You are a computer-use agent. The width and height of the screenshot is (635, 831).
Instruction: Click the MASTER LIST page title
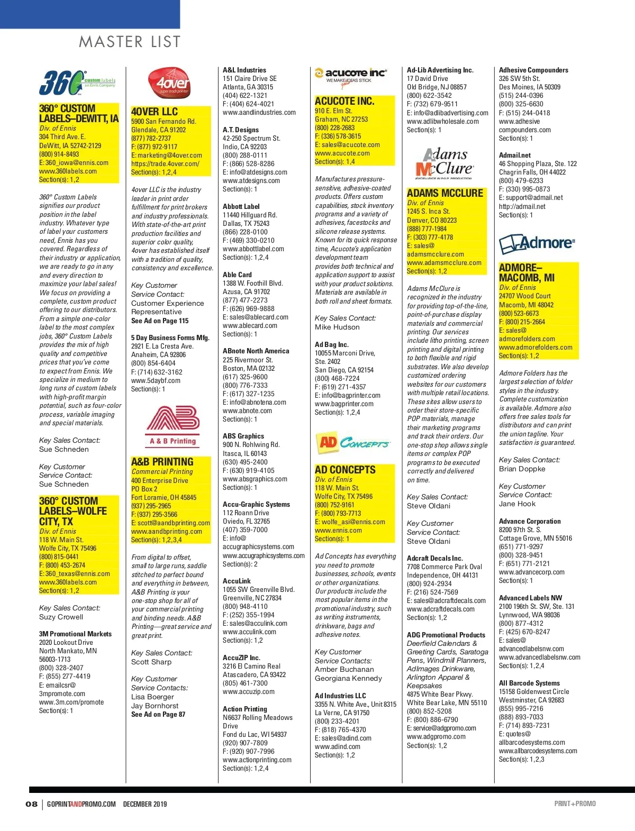pos(130,42)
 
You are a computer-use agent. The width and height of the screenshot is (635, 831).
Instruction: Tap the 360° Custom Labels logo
pos(77,83)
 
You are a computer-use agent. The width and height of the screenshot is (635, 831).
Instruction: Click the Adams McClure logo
pos(444,163)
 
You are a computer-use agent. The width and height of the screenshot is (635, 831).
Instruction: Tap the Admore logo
pos(537,244)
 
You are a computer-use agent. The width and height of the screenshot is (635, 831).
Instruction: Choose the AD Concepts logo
pos(352,442)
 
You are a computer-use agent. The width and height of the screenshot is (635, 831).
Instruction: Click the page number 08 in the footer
pos(32,804)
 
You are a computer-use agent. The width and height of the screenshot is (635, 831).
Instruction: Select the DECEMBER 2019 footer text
pos(145,804)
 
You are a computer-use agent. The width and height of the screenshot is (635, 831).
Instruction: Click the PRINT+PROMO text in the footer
pos(575,803)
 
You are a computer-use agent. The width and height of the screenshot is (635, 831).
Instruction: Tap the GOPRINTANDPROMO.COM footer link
pos(81,804)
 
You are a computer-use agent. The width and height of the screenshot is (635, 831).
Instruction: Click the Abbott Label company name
pos(241,206)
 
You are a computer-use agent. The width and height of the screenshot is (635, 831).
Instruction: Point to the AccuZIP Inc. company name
pos(241,658)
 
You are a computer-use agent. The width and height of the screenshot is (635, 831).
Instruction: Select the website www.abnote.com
pos(247,410)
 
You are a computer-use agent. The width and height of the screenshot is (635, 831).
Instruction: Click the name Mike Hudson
pos(337,327)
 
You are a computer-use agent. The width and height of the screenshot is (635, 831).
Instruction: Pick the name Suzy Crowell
pos(61,617)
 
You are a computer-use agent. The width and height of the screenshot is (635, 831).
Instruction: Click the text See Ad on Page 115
pos(160,321)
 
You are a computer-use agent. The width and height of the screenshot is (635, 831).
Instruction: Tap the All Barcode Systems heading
pos(529,683)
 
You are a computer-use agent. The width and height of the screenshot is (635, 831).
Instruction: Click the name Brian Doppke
pos(522,469)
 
